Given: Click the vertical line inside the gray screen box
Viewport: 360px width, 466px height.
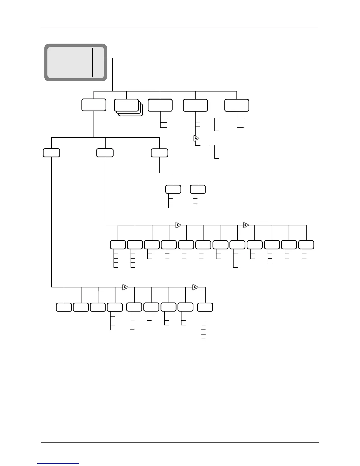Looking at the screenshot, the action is [92, 63].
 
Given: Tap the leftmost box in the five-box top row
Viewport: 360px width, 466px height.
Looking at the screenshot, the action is [94, 105].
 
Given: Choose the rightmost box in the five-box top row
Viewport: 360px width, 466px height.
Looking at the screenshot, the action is [237, 105].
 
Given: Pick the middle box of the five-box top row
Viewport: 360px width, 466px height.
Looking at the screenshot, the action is [160, 105].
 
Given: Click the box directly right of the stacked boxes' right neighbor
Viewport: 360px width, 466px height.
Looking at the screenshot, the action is [195, 105].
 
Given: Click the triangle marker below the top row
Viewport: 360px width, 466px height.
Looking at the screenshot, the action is [196, 138].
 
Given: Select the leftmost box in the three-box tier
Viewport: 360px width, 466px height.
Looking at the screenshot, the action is [51, 153].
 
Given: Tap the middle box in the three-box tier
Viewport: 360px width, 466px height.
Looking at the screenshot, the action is [105, 153].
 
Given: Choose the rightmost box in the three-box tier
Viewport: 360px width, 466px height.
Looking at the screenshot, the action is [159, 153].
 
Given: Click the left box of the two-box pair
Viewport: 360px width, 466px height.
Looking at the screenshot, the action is [173, 189].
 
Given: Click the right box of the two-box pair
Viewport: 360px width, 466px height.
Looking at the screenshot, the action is [198, 189].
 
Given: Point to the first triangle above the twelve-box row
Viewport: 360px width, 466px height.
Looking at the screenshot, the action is [178, 225].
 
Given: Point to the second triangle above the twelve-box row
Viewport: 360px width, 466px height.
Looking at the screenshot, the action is [246, 225].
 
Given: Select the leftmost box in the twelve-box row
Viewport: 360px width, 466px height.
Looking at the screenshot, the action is [118, 245].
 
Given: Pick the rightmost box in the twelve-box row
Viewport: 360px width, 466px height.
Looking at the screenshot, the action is [306, 245].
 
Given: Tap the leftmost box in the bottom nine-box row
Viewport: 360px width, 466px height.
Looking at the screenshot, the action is [64, 307].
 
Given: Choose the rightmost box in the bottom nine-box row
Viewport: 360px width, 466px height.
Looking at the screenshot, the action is [205, 307].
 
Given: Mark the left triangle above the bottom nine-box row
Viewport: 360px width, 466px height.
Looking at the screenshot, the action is [125, 287].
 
